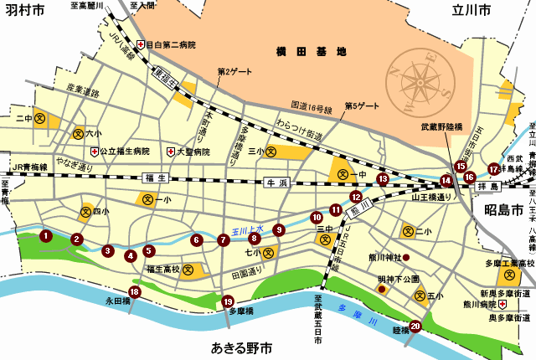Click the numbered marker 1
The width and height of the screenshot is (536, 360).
pos(45,236)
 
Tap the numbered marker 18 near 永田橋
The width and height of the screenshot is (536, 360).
pos(134,291)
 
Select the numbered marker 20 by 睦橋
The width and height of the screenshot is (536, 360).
pos(415,327)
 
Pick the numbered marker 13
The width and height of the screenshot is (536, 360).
pos(383,178)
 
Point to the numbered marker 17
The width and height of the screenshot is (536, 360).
pos(493,169)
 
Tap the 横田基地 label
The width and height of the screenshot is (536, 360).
pos(311,52)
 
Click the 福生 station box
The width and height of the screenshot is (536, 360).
pos(157,177)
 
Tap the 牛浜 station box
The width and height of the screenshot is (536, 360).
pos(276,182)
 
